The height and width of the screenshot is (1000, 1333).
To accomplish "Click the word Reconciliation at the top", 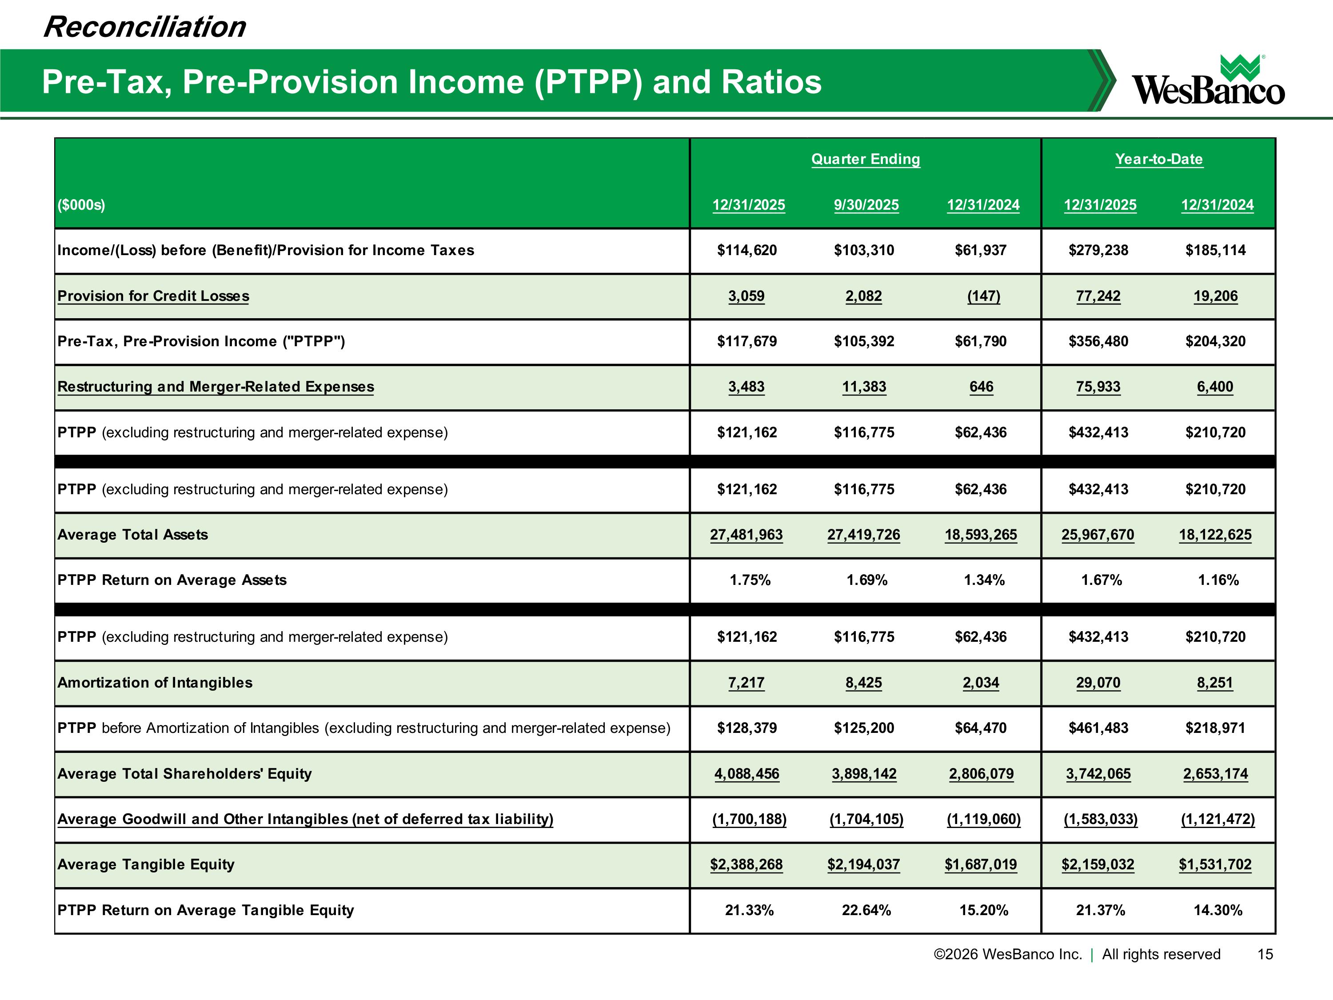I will point(144,27).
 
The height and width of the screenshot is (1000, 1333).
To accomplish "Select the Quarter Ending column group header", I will point(866,159).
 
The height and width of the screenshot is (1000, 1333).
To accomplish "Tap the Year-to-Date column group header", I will point(1158,159).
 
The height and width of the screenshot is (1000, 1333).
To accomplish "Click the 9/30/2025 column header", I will point(866,205).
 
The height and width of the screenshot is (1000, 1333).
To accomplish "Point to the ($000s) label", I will point(81,205).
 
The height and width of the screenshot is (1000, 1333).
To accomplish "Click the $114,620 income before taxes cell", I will point(746,250).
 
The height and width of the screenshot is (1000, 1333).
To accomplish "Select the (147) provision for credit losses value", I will point(983,296).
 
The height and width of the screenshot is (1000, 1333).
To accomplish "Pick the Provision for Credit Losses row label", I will point(153,296).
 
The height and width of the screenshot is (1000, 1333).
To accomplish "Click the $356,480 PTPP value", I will point(1098,341).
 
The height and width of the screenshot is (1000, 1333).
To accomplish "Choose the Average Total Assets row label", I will point(132,535).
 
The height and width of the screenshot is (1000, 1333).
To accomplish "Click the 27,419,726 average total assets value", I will point(863,535).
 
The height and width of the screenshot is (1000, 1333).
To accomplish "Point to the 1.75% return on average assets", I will point(750,580).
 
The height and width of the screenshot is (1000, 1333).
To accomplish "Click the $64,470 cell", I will point(981,728).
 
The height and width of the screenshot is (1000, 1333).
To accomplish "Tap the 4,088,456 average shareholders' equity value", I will point(746,773).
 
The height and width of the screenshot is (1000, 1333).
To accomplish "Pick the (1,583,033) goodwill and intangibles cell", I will point(1100,819).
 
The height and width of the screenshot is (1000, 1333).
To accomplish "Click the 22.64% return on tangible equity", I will point(866,910).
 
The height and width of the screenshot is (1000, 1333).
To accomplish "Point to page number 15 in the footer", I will point(1265,954).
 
